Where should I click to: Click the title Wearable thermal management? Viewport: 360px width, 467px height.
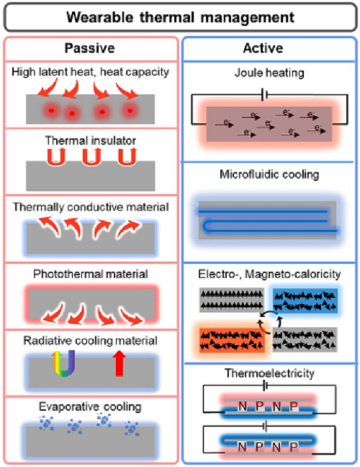pyautogui.click(x=180, y=17)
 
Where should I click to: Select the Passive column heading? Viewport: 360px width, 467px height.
pyautogui.click(x=89, y=48)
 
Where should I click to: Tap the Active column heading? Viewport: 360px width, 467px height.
pyautogui.click(x=263, y=48)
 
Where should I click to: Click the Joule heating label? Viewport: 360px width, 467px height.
pyautogui.click(x=269, y=73)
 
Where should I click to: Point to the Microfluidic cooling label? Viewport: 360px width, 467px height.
pyautogui.click(x=269, y=174)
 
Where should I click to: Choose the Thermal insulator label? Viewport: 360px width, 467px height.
pyautogui.click(x=91, y=141)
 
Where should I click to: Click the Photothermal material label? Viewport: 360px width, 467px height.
pyautogui.click(x=91, y=274)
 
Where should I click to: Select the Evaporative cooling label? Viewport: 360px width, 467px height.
pyautogui.click(x=90, y=407)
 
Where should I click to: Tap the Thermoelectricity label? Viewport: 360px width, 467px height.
pyautogui.click(x=269, y=373)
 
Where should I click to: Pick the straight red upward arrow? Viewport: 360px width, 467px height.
pyautogui.click(x=120, y=363)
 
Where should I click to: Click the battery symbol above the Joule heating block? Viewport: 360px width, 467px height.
pyautogui.click(x=264, y=95)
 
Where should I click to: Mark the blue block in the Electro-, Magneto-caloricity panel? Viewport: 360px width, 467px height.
pyautogui.click(x=305, y=301)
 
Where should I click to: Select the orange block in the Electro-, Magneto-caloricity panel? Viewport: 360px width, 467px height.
pyautogui.click(x=231, y=340)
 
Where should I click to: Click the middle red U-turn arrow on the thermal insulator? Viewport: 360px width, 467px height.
pyautogui.click(x=89, y=156)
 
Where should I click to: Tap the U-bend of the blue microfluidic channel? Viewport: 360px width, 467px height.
pyautogui.click(x=206, y=226)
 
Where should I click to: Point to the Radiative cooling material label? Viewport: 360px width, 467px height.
pyautogui.click(x=91, y=341)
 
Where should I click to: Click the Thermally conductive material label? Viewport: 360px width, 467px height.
pyautogui.click(x=91, y=208)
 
